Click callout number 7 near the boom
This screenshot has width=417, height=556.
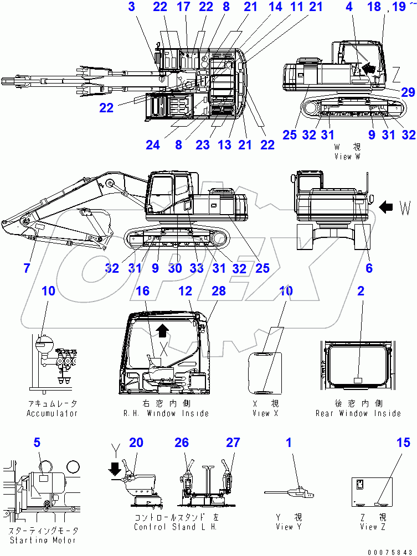(x=27, y=268)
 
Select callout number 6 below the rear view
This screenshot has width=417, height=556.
(x=369, y=268)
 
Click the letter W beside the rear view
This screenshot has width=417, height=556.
(x=405, y=208)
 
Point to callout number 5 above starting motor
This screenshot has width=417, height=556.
(x=37, y=443)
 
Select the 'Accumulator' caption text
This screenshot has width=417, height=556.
(x=52, y=413)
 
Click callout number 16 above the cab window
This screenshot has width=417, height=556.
(x=142, y=291)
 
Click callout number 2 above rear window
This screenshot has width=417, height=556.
(x=361, y=291)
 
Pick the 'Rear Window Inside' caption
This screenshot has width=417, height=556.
(x=358, y=413)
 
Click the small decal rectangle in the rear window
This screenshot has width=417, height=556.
(x=358, y=381)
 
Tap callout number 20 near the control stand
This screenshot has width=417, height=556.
(x=136, y=443)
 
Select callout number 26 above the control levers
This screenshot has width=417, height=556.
(x=182, y=443)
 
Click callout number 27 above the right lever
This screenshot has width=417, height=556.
(x=233, y=443)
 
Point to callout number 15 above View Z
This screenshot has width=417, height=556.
(x=403, y=443)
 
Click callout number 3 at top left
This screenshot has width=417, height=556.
(x=131, y=7)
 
